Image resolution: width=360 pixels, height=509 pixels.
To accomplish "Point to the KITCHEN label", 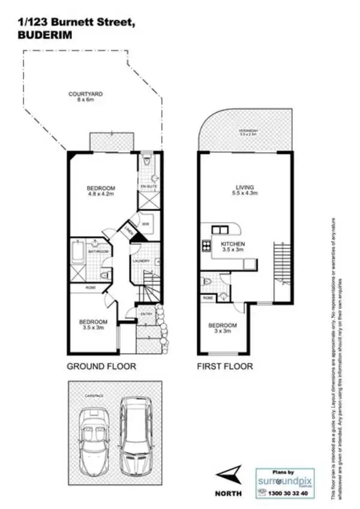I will point(232,244).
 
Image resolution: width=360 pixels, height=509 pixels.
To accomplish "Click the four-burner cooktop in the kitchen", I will point(206,245).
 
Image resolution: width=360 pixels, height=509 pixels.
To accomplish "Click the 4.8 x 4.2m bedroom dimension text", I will point(101,194).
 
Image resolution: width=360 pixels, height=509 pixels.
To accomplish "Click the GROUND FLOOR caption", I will point(101,366).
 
